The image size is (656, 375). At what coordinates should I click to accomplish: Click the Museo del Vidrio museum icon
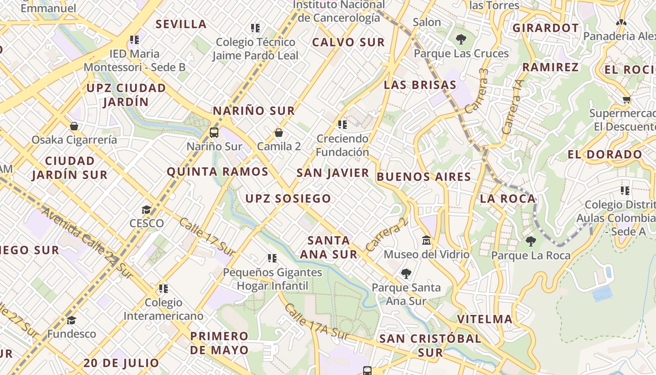click(x=426, y=240)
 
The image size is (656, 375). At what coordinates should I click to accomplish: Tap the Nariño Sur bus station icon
click(x=214, y=132)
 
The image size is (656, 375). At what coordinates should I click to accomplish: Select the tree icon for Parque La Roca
click(x=531, y=241)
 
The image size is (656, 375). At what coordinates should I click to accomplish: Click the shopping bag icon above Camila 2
click(x=279, y=133)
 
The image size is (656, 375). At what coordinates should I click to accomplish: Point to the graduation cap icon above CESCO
click(x=147, y=209)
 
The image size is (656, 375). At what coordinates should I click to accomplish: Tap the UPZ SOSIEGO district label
click(x=288, y=198)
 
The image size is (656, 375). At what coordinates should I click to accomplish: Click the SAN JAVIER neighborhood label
click(x=333, y=173)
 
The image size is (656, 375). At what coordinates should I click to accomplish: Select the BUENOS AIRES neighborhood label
click(x=424, y=177)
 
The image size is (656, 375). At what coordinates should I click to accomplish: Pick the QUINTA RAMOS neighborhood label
click(x=217, y=172)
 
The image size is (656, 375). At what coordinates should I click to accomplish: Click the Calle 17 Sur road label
click(x=207, y=237)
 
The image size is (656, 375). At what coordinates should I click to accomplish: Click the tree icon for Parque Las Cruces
click(x=461, y=39)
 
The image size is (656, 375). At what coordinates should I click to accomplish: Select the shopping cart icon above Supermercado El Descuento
click(x=626, y=99)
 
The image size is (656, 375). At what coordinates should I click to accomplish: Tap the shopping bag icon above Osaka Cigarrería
click(x=74, y=126)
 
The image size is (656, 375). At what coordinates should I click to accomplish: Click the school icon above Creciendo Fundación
click(x=343, y=125)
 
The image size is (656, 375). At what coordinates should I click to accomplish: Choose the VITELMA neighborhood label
click(x=485, y=319)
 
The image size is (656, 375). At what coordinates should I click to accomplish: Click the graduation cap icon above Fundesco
click(x=71, y=320)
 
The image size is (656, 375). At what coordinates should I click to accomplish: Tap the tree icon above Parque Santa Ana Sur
click(x=406, y=273)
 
